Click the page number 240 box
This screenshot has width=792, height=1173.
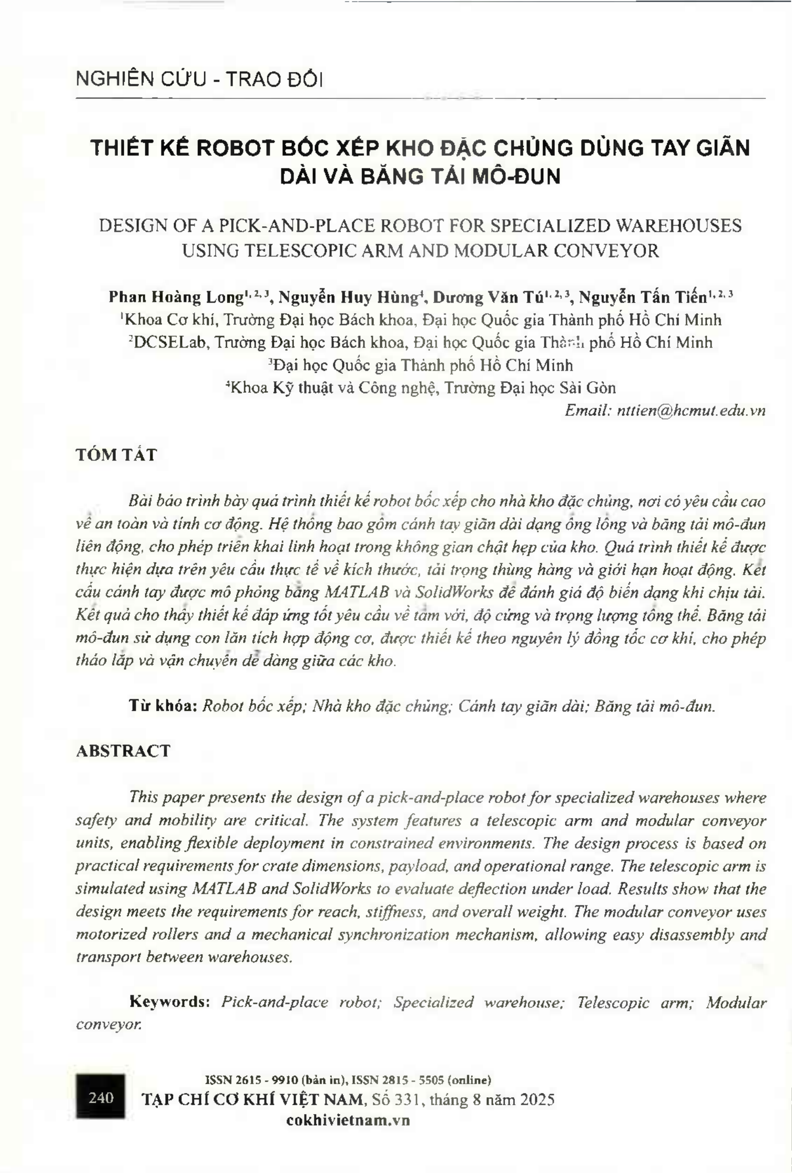coord(100,1097)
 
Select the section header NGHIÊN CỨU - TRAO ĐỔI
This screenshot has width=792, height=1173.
coord(199,79)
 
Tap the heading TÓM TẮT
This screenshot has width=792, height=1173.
coord(116,455)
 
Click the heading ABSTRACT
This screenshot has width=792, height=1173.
coord(123,751)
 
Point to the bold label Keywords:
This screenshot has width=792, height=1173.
coord(170,1002)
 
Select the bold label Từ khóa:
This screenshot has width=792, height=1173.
coord(163,706)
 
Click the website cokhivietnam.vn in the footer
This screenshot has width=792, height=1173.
coord(348,1120)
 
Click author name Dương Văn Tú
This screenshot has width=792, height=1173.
coord(489,298)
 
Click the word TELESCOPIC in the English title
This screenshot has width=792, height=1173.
coord(286,250)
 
